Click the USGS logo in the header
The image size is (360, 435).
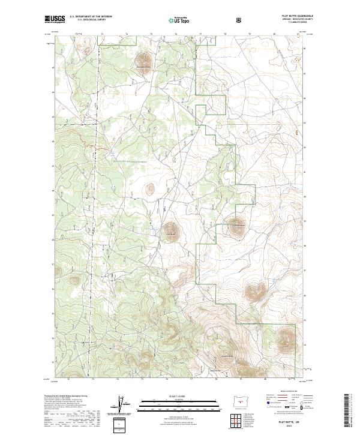pos(55,19)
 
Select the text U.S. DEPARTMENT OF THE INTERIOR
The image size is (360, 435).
pos(91,16)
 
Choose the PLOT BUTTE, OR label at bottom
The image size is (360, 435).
pos(282,421)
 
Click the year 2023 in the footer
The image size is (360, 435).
pos(282,426)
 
